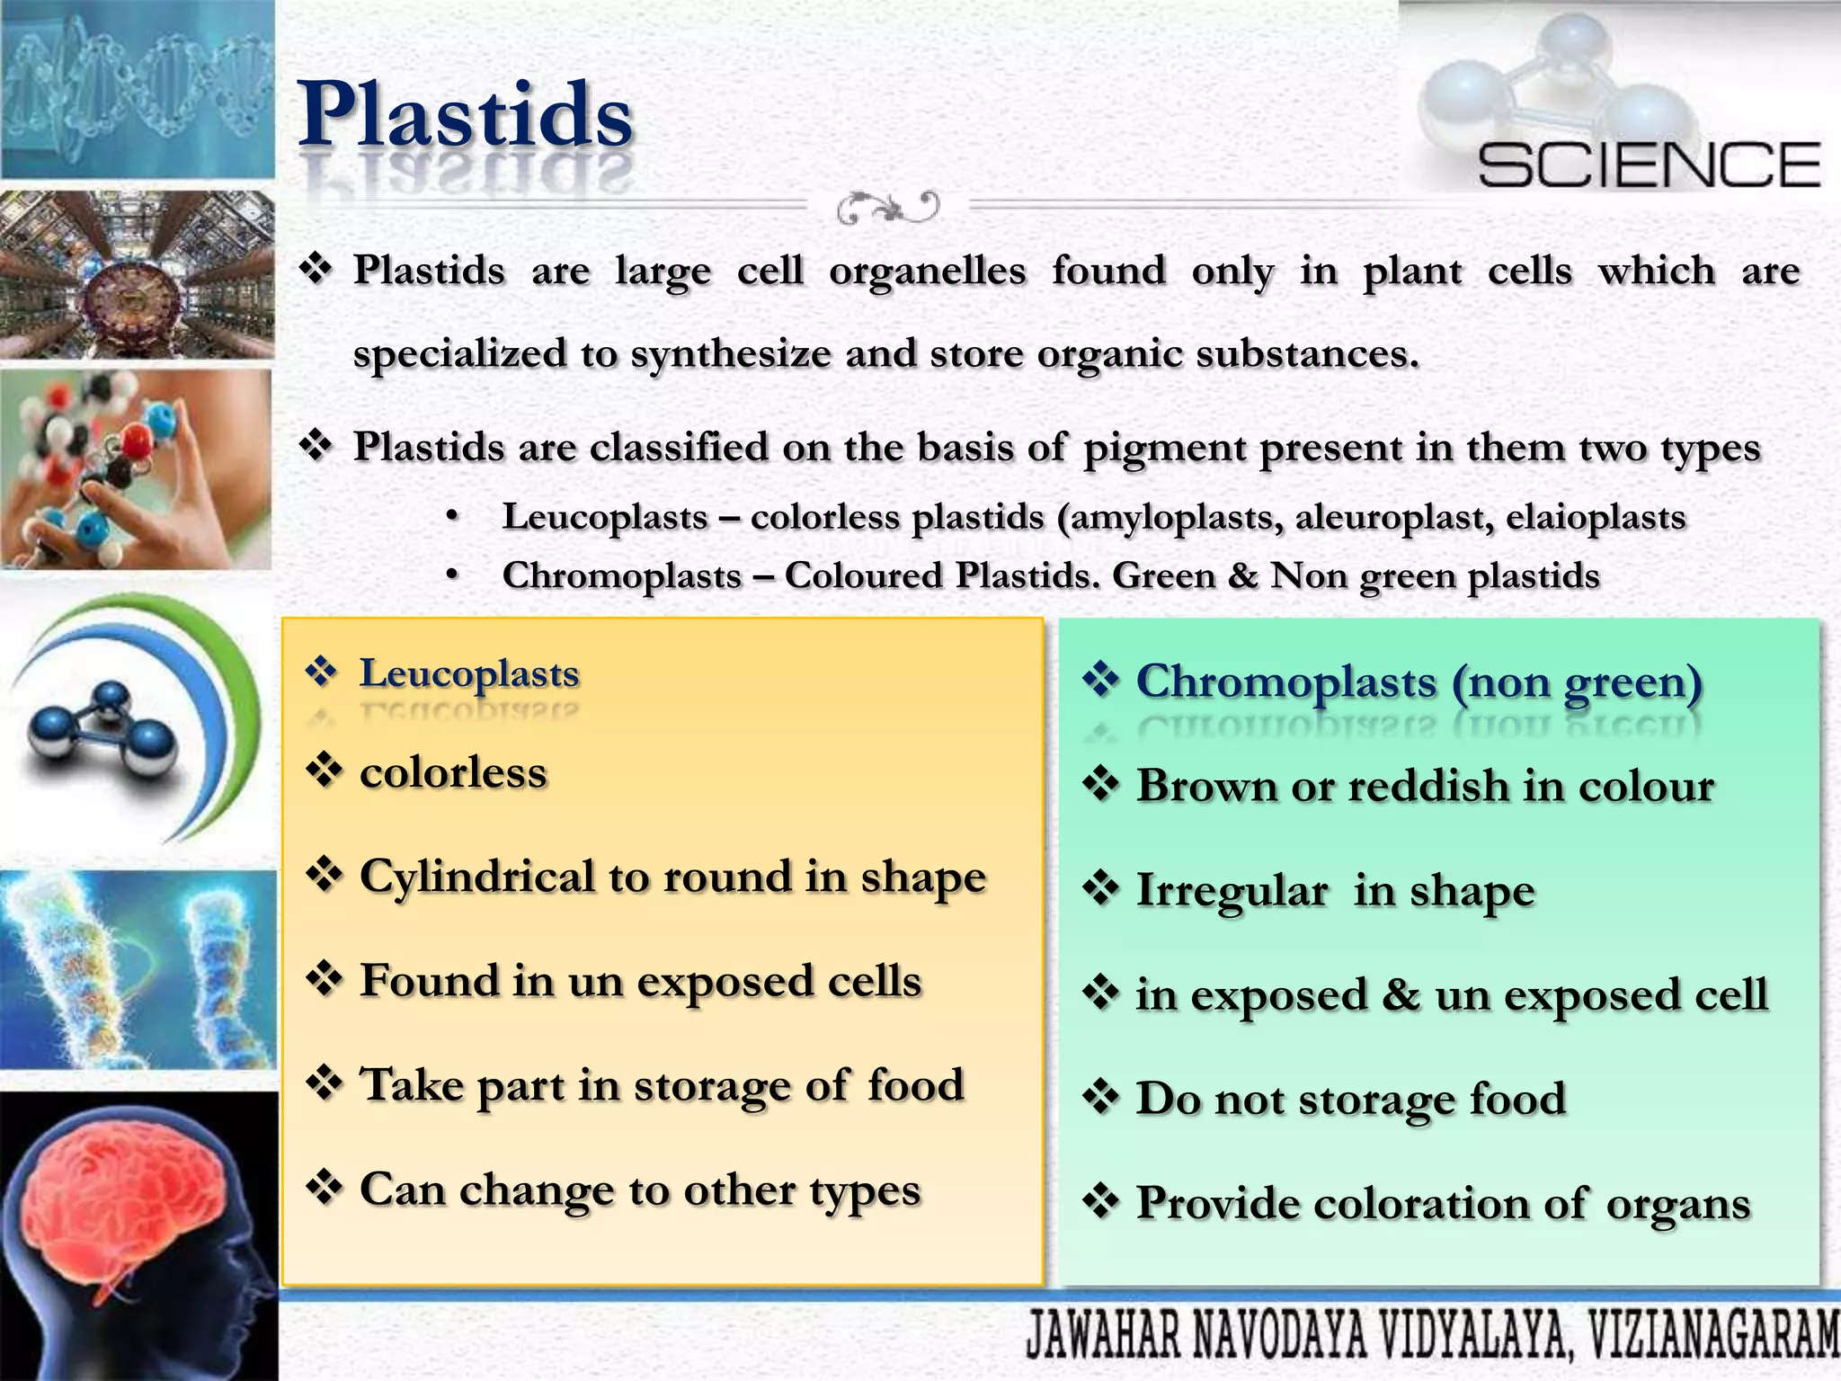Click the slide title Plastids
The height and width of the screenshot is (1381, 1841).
[x=465, y=115]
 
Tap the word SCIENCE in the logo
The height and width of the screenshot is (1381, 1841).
[x=1649, y=165]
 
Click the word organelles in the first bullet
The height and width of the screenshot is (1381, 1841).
[x=927, y=272]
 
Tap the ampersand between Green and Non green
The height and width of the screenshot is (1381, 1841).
[x=1242, y=576]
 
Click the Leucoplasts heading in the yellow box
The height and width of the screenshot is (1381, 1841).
[x=469, y=673]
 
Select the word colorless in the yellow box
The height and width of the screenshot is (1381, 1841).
[x=453, y=773]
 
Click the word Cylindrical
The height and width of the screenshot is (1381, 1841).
[x=476, y=877]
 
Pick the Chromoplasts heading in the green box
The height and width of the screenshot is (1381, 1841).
[x=1285, y=682]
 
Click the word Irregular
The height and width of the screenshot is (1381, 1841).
[x=1232, y=891]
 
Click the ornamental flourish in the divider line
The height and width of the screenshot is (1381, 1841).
[x=887, y=208]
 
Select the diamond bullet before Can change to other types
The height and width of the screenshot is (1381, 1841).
[x=324, y=1189]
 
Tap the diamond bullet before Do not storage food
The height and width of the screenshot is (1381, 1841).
[x=1100, y=1098]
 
